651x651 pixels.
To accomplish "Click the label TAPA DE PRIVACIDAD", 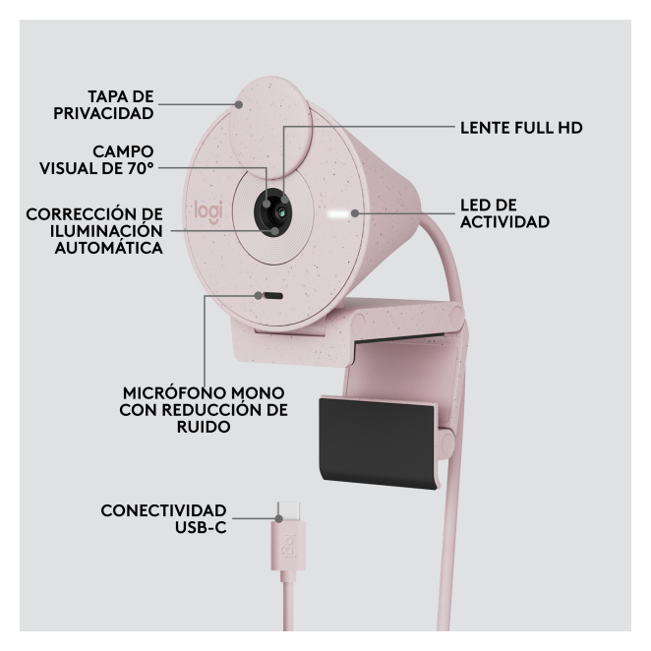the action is [103, 104].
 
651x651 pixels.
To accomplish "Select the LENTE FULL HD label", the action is [521, 128].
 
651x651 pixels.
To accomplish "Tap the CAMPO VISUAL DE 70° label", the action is [96, 160].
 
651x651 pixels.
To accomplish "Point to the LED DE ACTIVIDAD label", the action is [504, 213].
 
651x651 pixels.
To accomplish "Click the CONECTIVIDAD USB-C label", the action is [163, 519].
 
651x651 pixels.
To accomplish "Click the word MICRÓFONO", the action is [174, 392].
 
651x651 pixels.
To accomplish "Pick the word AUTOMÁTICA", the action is [109, 248].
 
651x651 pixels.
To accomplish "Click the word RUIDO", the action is [204, 427].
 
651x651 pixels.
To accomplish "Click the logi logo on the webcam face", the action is [208, 211].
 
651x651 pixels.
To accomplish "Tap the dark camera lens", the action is [272, 212].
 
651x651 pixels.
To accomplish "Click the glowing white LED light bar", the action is [337, 213].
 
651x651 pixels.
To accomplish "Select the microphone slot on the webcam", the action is [273, 296].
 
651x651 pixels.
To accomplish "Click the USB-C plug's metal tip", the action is [288, 511].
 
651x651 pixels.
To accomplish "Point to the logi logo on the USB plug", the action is [289, 545].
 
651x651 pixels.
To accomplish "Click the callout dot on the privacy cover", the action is [239, 104].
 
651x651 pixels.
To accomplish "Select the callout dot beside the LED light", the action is [355, 213].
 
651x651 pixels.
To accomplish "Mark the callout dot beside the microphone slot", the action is [259, 296].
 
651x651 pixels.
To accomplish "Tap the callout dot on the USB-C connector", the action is [279, 518].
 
